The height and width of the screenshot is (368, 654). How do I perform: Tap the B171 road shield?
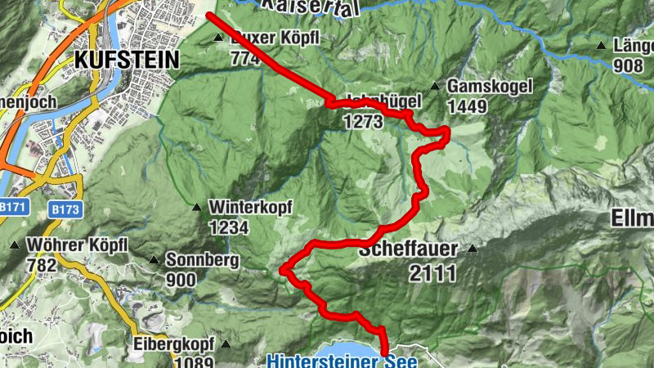pos(13,208)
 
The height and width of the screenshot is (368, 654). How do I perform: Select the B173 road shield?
pos(65,209)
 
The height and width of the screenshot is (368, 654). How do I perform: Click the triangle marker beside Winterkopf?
pos(196,208)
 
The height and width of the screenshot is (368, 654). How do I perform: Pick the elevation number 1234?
pos(229,227)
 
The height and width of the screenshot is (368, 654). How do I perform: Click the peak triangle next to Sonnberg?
pos(153,261)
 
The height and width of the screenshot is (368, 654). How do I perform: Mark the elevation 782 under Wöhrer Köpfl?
pos(42,265)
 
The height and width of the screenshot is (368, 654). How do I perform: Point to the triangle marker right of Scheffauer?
pos(472,249)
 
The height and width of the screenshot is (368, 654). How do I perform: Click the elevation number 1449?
pos(468,106)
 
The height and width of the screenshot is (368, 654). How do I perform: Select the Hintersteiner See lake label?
pos(343,359)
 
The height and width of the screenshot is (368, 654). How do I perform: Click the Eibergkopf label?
pos(174,341)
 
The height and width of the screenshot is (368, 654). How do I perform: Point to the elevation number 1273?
pos(364,122)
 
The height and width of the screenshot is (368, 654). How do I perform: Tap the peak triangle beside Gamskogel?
pos(434,86)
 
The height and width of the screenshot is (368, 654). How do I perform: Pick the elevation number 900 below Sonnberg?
pos(181,280)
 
